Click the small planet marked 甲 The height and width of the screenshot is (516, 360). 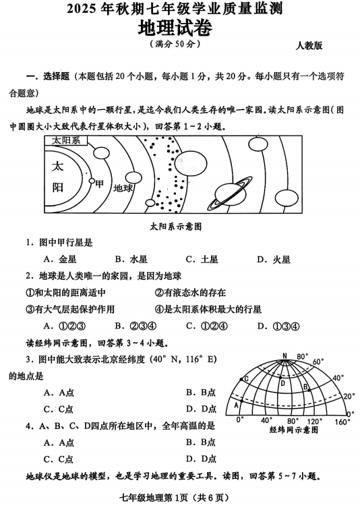(x=92, y=181)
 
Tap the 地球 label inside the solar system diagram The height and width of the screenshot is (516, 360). (x=124, y=188)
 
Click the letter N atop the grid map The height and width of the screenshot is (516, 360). (x=284, y=355)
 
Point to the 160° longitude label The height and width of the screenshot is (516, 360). (x=343, y=422)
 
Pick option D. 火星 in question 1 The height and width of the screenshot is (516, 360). (x=274, y=259)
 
